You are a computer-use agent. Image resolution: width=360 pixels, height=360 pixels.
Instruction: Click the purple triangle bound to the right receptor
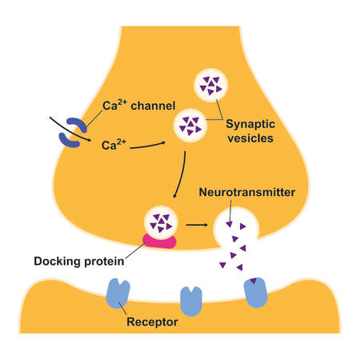click(254, 280)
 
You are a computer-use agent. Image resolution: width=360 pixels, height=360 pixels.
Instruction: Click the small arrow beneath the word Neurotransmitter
click(230, 212)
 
